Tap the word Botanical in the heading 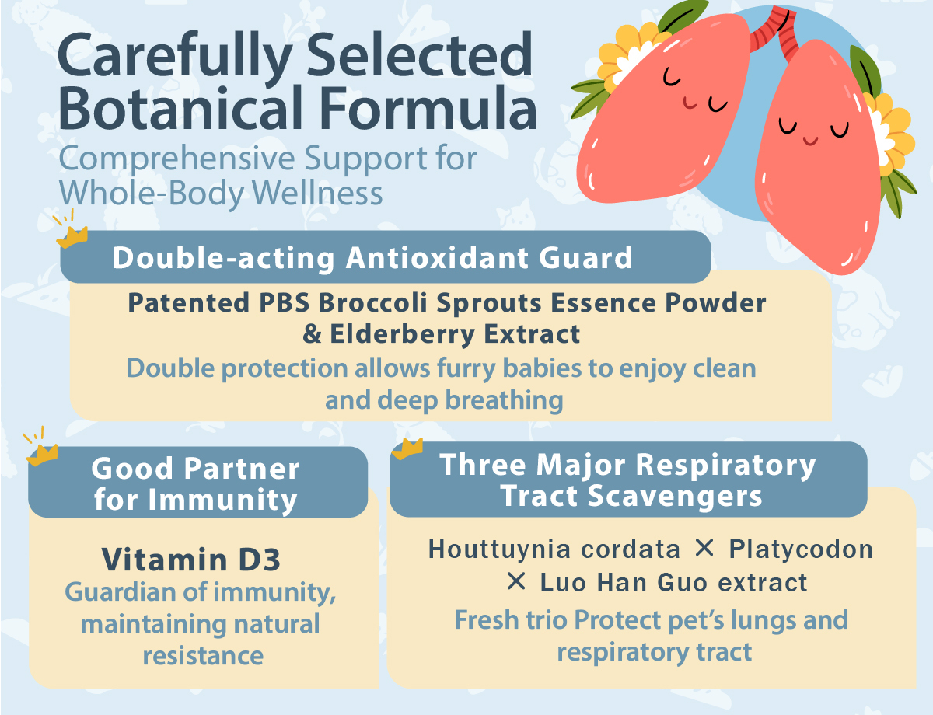pyautogui.click(x=181, y=107)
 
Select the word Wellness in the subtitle pyautogui.click(x=317, y=193)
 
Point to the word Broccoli pyautogui.click(x=372, y=303)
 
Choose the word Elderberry pyautogui.click(x=402, y=335)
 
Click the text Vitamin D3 pyautogui.click(x=191, y=560)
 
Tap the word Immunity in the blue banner pyautogui.click(x=222, y=500)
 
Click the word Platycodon pyautogui.click(x=801, y=549)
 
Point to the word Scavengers pyautogui.click(x=675, y=496)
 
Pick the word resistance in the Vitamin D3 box pyautogui.click(x=203, y=656)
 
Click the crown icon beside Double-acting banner pyautogui.click(x=72, y=236)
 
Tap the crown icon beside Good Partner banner pyautogui.click(x=42, y=455)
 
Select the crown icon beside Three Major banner pyautogui.click(x=407, y=449)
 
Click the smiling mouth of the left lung pyautogui.click(x=690, y=103)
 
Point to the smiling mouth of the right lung pyautogui.click(x=811, y=140)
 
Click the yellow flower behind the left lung pyautogui.click(x=627, y=56)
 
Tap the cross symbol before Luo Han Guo pyautogui.click(x=516, y=581)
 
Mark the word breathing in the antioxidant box pyautogui.click(x=504, y=400)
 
